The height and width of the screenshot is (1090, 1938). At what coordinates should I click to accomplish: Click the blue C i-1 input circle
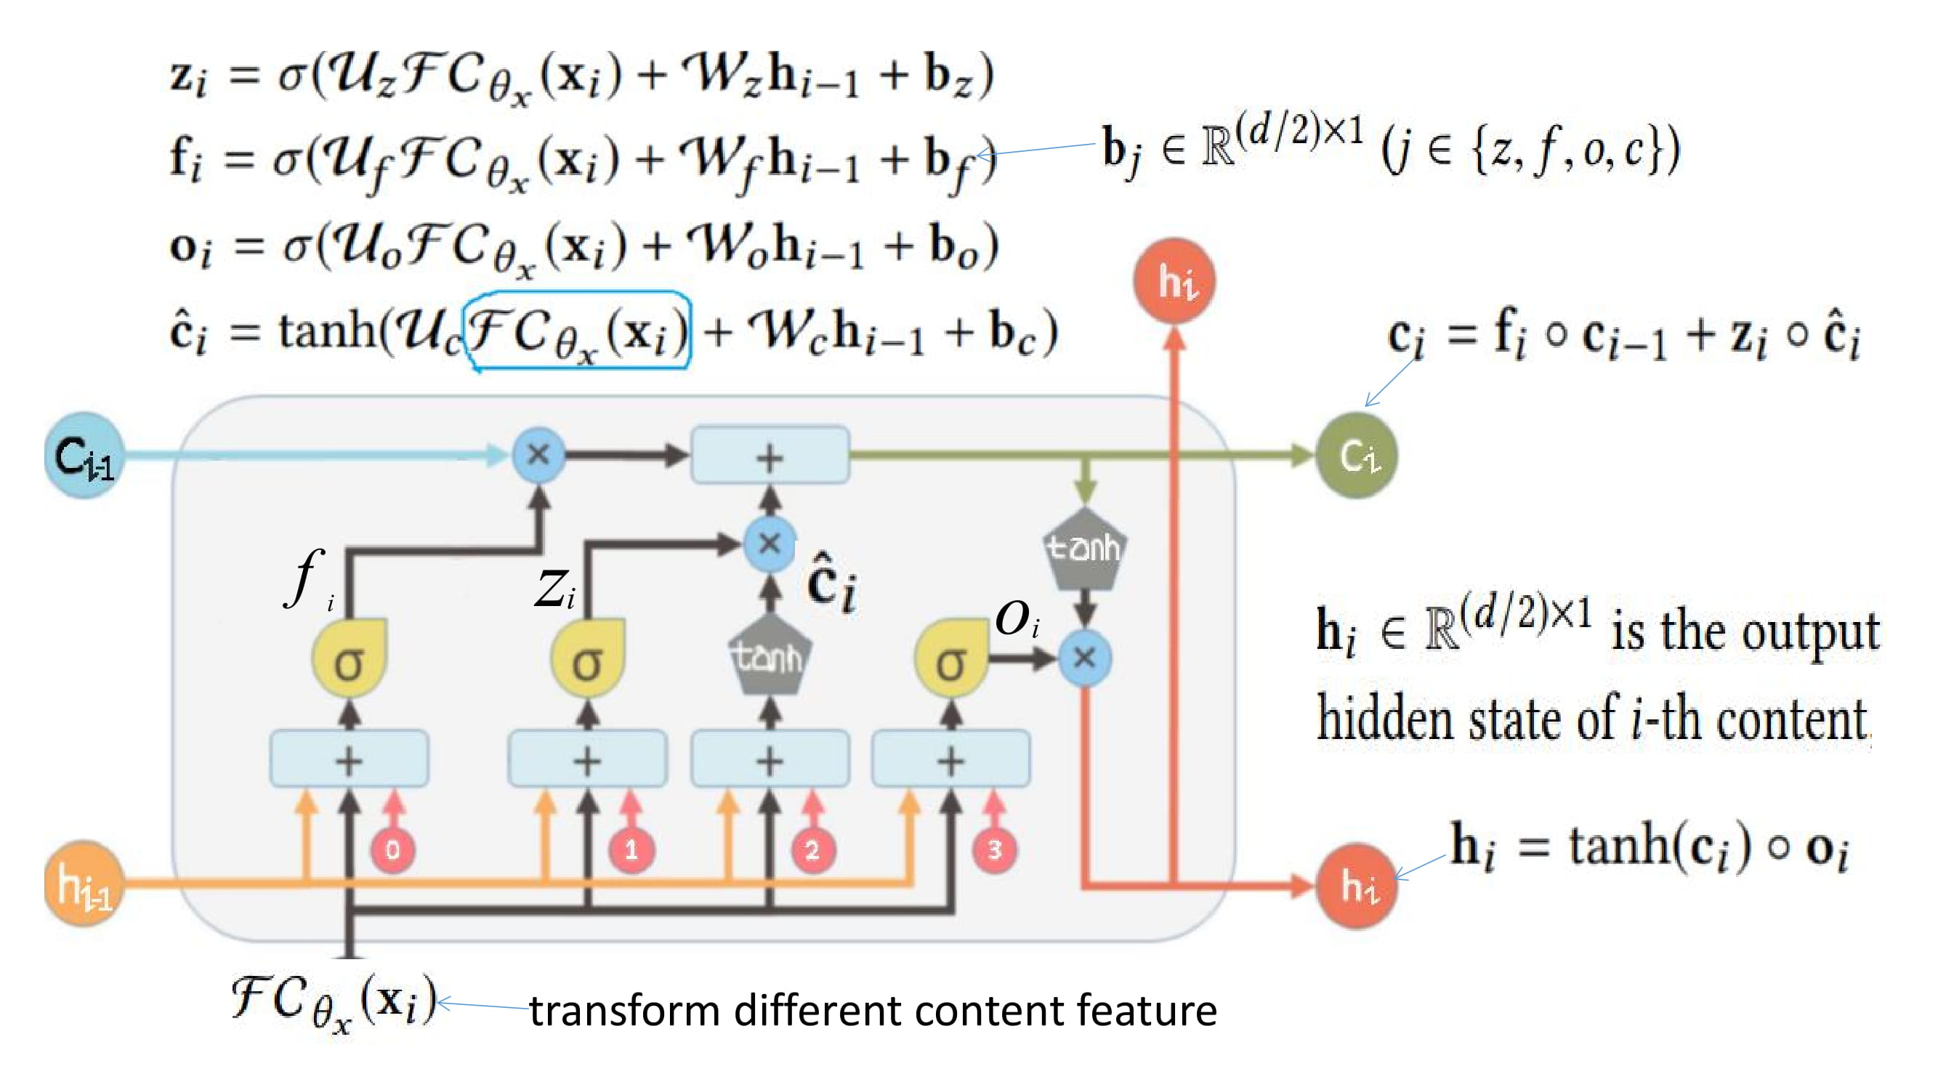click(x=83, y=455)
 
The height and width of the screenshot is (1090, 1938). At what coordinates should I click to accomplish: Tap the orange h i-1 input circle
click(x=83, y=884)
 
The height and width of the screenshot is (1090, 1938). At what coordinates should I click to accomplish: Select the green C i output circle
click(x=1357, y=455)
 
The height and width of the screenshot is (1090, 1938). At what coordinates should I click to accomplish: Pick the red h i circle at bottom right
click(x=1357, y=885)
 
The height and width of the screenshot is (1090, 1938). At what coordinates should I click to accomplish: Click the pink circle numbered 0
click(x=392, y=850)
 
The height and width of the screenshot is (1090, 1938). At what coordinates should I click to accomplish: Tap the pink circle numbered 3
click(x=995, y=850)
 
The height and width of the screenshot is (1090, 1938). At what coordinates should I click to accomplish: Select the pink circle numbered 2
click(x=812, y=850)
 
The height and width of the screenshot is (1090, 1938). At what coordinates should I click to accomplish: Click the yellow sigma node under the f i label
click(x=349, y=660)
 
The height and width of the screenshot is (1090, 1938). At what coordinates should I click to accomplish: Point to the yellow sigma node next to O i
click(x=951, y=660)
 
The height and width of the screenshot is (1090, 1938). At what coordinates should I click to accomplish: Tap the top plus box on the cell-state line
click(x=770, y=455)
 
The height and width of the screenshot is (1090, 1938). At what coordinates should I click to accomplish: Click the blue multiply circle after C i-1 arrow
click(x=538, y=454)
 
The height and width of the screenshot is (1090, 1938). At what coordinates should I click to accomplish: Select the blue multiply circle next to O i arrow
click(x=1084, y=658)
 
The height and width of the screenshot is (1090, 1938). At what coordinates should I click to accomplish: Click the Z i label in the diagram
click(x=554, y=590)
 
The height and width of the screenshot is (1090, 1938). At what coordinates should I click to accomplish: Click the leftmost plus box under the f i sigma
click(x=349, y=759)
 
